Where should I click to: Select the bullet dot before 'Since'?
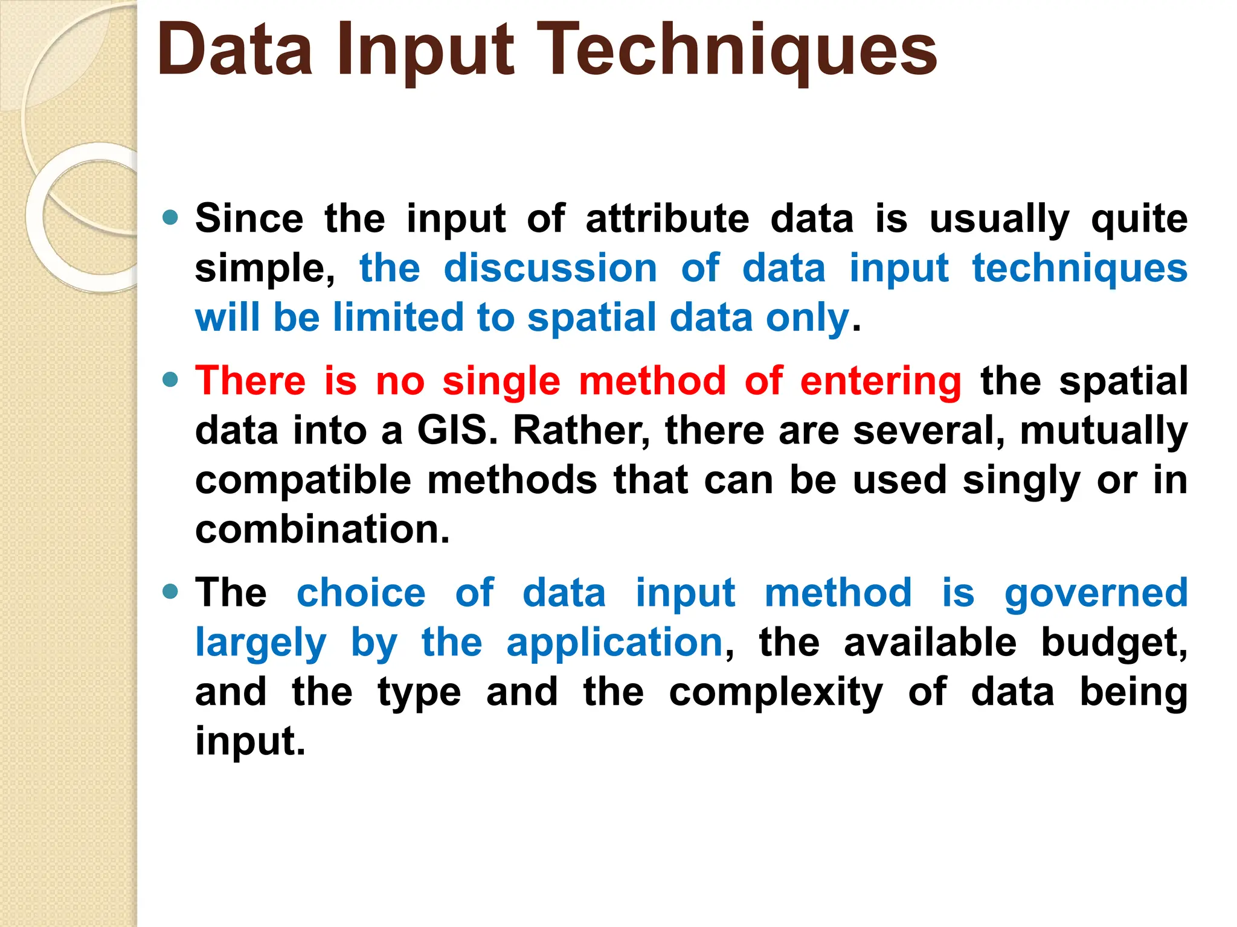point(171,217)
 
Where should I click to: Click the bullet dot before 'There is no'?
point(171,380)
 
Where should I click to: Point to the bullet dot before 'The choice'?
point(171,591)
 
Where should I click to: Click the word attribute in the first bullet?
point(667,218)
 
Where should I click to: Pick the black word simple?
point(265,269)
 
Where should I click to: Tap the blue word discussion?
point(550,268)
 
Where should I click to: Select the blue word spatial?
point(591,318)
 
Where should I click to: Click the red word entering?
point(880,382)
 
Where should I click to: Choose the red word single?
point(501,382)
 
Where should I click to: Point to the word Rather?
point(581,431)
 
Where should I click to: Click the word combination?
point(323,529)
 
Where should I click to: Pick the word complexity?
point(776,693)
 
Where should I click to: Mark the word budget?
point(1114,642)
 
